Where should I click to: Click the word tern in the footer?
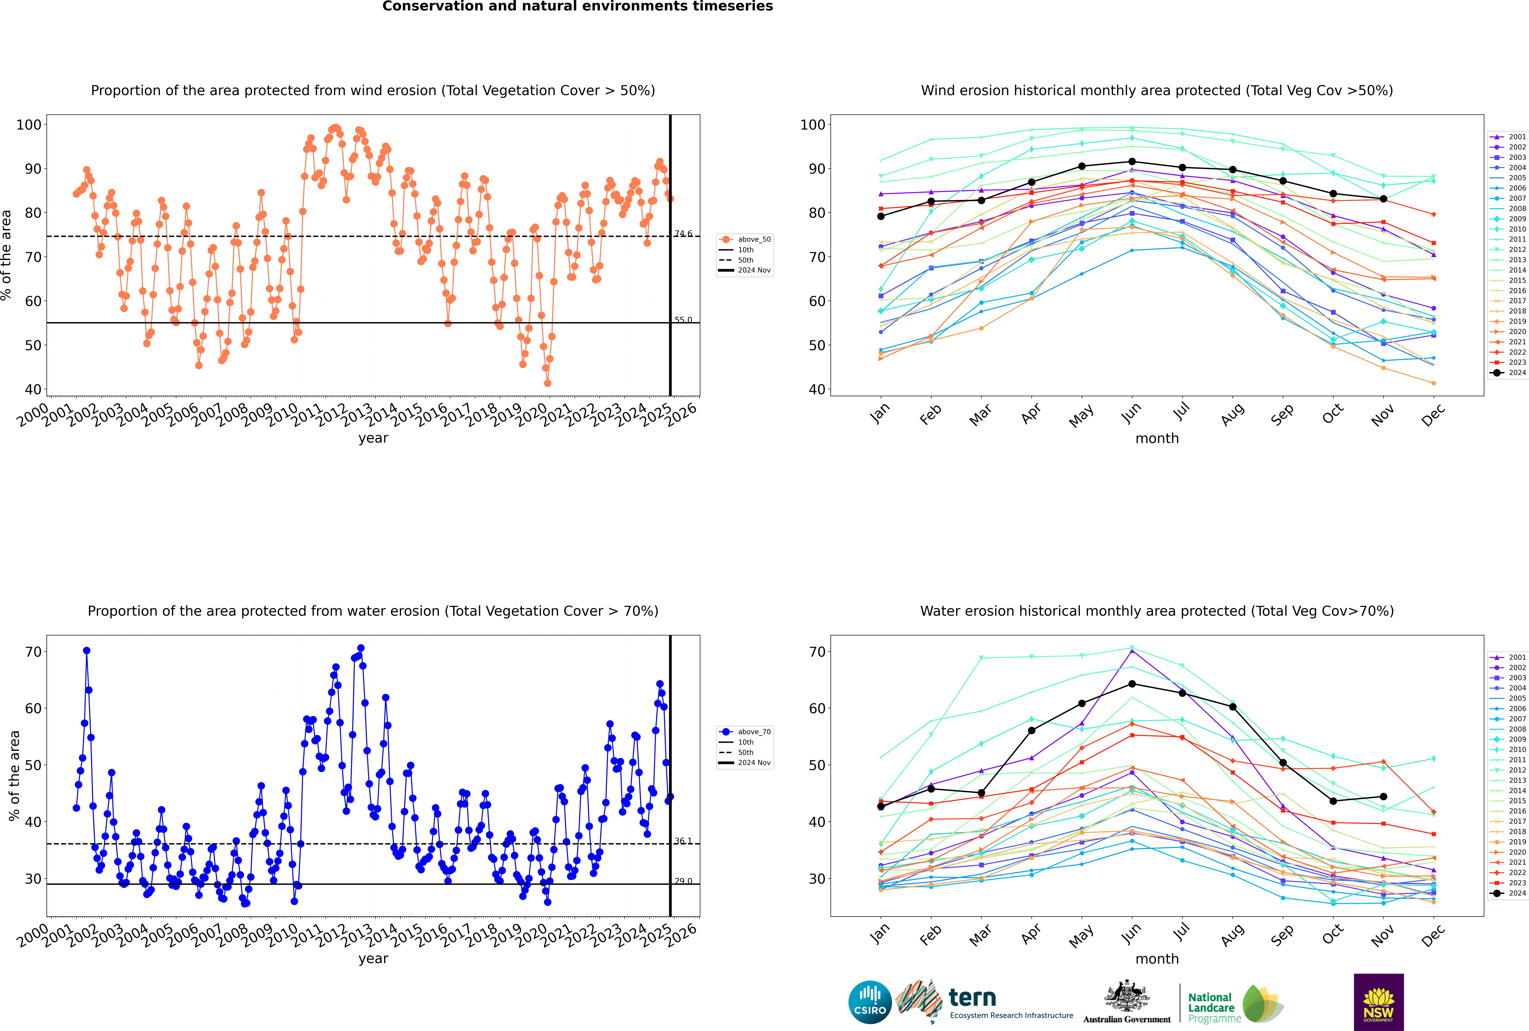972,998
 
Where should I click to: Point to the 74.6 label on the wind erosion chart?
683,233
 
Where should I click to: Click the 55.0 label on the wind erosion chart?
683,320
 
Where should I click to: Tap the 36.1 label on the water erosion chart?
683,841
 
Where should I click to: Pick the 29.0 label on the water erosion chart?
683,881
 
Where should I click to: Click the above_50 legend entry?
753,239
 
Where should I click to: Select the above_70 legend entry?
753,732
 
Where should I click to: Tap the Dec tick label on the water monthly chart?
1433,934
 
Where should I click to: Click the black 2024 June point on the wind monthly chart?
1132,162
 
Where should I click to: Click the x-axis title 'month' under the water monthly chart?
1157,959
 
